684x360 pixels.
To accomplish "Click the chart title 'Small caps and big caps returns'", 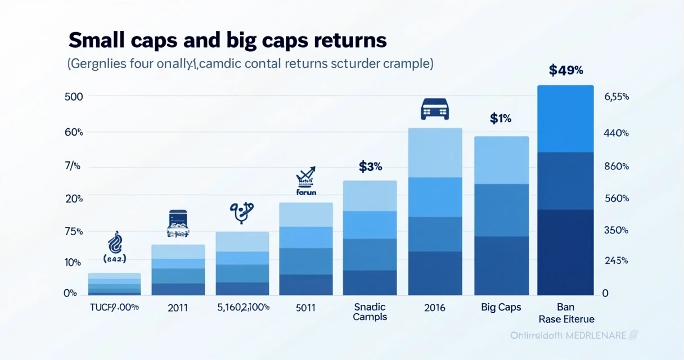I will [x=227, y=40].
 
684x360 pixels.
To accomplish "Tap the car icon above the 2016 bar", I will [x=435, y=109].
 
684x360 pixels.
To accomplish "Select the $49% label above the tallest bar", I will [x=565, y=71].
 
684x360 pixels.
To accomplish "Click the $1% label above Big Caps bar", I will [x=500, y=119].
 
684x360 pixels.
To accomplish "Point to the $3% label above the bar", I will [x=370, y=166].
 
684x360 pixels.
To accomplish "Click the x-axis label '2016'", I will [x=435, y=308].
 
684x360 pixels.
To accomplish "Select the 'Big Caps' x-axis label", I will [x=501, y=308].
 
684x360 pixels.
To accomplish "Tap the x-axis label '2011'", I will [x=178, y=308].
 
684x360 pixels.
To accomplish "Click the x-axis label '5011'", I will [x=305, y=308].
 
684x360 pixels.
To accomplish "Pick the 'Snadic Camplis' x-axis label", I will [x=370, y=312].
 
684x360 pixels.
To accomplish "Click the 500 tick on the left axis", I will [x=74, y=96].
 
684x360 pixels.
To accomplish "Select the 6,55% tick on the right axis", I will [x=616, y=97].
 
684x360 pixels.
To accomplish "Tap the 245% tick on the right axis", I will [x=616, y=261].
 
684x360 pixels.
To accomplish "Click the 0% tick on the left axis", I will [x=70, y=293].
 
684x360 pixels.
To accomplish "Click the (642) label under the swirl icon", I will [x=115, y=259].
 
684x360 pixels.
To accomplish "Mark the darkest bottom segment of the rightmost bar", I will [x=565, y=252].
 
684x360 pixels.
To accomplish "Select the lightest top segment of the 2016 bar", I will [x=435, y=152].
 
